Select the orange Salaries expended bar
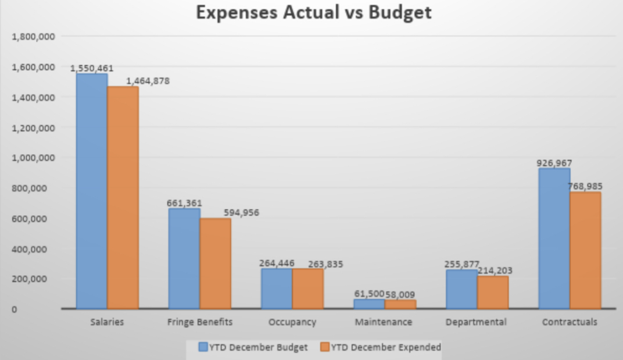click(x=123, y=197)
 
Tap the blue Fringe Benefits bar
click(x=184, y=258)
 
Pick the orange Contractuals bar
click(x=585, y=250)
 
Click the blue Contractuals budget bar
click(x=554, y=238)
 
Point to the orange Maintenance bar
click(x=400, y=304)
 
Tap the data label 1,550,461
click(x=92, y=68)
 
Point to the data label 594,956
click(x=238, y=212)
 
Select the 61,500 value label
click(x=369, y=294)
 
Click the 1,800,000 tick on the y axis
click(x=34, y=37)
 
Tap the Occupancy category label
click(x=292, y=322)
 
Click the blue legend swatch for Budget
click(x=203, y=347)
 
